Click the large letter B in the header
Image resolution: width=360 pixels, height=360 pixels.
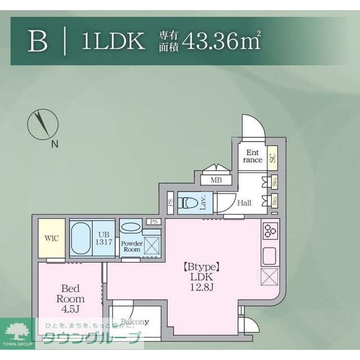tap(38, 42)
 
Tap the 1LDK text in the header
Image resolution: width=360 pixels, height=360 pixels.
tap(113, 42)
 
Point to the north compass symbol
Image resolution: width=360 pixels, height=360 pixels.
tap(41, 124)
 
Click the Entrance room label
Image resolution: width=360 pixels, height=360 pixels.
tap(253, 156)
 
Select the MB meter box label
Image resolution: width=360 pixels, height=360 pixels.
tap(216, 180)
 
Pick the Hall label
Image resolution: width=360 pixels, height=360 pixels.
tap(244, 202)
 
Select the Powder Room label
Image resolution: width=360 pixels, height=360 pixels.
tap(132, 246)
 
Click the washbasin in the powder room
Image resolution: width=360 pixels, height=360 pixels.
tap(132, 227)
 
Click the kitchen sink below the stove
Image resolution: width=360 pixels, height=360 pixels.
tap(270, 255)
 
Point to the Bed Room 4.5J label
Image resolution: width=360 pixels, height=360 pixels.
tap(70, 299)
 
